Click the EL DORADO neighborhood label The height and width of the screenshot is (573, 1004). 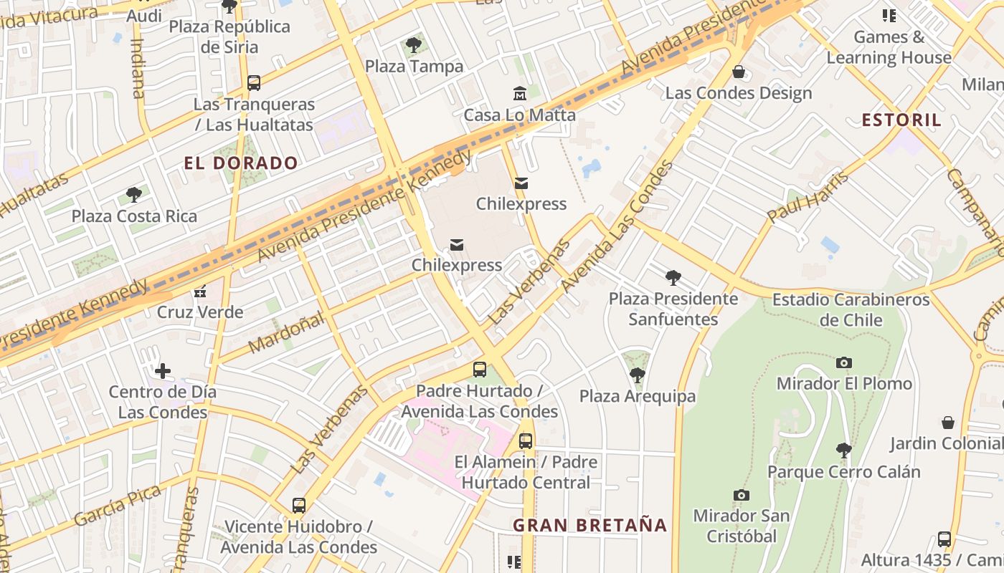coord(240,163)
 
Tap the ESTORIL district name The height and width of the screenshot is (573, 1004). coord(901,120)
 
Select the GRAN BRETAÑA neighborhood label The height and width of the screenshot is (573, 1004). coord(589,526)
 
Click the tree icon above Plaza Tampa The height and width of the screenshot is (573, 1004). coord(413,45)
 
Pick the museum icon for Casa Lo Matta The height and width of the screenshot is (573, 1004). coord(519,93)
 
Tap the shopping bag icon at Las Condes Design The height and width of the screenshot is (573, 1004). coord(738,72)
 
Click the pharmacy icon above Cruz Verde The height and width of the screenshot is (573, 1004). coord(199,292)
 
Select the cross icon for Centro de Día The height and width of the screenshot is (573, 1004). coord(163,371)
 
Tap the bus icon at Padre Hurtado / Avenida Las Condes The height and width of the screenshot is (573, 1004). coord(479,370)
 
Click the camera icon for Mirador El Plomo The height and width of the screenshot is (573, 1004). coord(844,362)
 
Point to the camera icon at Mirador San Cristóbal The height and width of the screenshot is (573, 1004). coord(741,495)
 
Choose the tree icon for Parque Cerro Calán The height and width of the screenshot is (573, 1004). coord(843,451)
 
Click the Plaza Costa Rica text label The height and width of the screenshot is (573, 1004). coord(134,216)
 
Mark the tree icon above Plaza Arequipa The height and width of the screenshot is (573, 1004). coord(637,375)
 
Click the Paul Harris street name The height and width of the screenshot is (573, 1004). coord(808,197)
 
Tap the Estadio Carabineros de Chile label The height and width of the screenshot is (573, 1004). coord(851,309)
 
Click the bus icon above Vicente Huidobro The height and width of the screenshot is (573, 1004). coord(298,506)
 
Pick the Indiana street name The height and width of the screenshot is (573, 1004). coord(138,67)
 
